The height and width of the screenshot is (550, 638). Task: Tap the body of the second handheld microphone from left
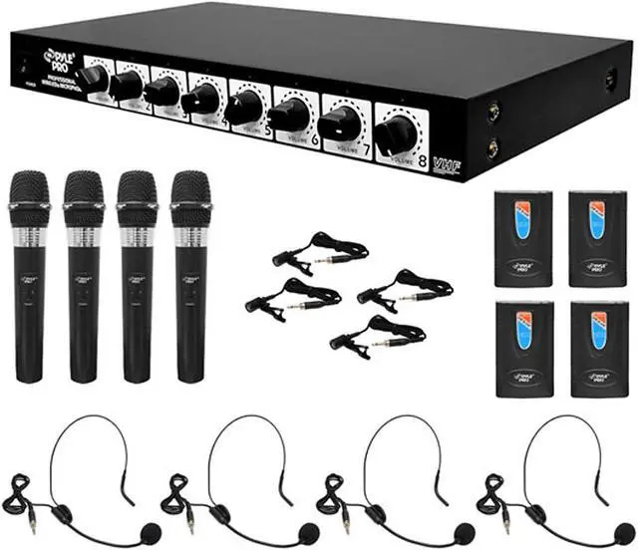[83, 299]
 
